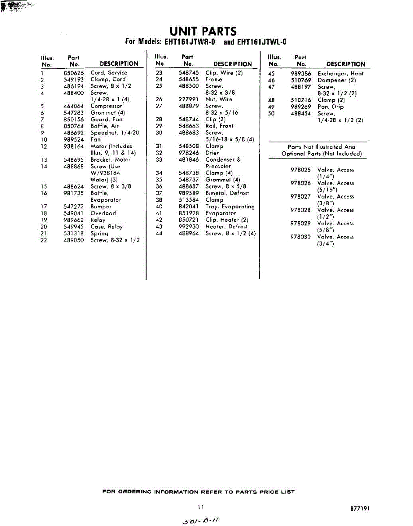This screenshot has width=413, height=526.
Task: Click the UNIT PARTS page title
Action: coord(203,32)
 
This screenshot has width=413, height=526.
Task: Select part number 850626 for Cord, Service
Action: coord(73,73)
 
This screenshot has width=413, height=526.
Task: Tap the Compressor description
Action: coord(106,106)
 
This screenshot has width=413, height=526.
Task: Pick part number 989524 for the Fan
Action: coord(73,140)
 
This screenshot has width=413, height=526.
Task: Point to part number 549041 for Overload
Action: coord(73,213)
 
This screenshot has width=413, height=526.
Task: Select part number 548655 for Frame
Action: coord(189,80)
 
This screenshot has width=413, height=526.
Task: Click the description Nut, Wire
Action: coord(219,100)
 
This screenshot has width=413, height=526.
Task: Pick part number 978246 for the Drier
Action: coord(189,153)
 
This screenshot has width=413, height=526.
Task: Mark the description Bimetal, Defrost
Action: coord(227,193)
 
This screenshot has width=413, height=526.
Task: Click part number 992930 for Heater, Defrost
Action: coord(189,227)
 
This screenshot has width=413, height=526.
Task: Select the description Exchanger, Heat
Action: coord(341,74)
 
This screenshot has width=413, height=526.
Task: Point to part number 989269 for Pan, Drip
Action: coord(301,107)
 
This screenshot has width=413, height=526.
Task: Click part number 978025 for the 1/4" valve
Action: coord(300,170)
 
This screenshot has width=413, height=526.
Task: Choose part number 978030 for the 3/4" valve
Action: coord(300,237)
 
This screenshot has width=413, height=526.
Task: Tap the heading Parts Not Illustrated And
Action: coord(321,147)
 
